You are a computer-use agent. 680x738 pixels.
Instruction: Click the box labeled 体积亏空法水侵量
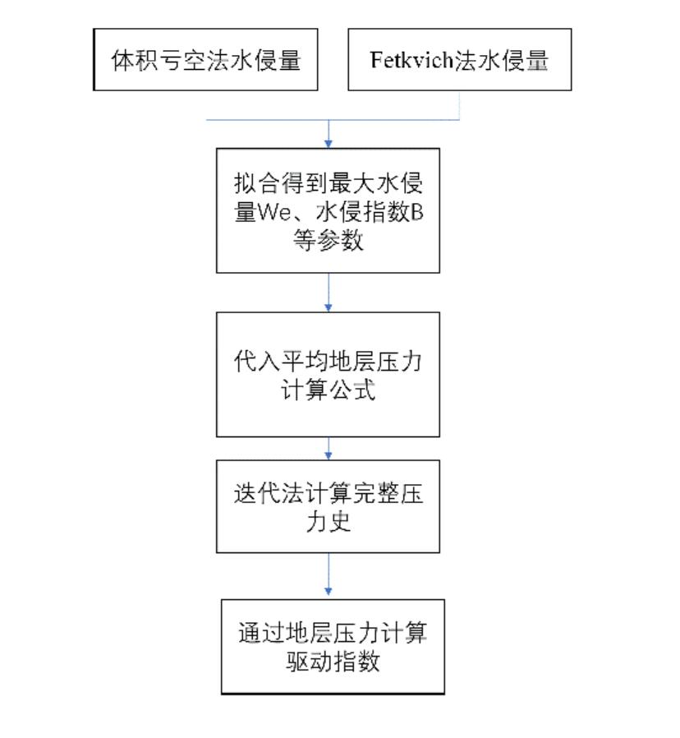(x=205, y=59)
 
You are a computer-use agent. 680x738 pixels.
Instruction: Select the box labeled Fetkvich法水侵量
(x=459, y=59)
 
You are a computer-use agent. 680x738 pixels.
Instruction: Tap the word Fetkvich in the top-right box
(x=411, y=60)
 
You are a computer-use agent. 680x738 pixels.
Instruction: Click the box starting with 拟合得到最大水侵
(x=328, y=210)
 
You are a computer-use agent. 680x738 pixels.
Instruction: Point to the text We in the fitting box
(x=275, y=212)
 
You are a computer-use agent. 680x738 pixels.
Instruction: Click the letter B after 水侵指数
(x=416, y=212)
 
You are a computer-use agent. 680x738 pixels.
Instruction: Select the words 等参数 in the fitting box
(x=329, y=240)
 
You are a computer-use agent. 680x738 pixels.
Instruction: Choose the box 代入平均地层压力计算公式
(x=328, y=374)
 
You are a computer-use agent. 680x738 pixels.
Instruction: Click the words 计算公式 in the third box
(x=329, y=390)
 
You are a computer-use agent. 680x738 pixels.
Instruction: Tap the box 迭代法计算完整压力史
(x=328, y=506)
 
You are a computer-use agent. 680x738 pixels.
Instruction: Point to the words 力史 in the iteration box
(x=329, y=522)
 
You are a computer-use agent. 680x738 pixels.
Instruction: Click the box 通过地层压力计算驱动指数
(x=333, y=647)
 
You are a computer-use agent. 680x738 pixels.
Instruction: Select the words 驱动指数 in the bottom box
(x=333, y=662)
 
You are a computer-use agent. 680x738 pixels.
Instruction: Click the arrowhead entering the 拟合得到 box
(x=329, y=144)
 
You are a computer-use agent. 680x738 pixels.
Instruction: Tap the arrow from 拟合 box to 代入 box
(x=329, y=293)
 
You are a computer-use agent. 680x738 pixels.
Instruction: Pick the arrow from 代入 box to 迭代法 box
(x=329, y=449)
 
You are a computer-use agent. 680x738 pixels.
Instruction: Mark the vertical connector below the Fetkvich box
(x=459, y=105)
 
